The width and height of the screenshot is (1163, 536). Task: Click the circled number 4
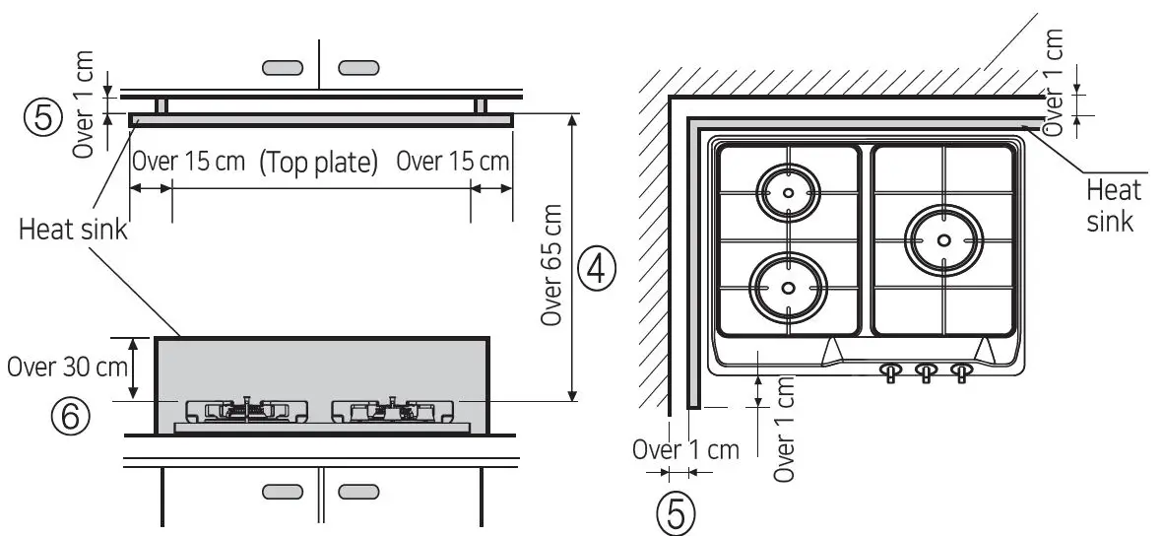point(597,267)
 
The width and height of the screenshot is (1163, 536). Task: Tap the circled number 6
point(73,417)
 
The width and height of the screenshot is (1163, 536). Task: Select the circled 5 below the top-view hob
point(676,513)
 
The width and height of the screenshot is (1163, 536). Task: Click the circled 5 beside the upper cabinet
point(41,117)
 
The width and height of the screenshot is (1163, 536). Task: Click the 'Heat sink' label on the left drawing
point(74,231)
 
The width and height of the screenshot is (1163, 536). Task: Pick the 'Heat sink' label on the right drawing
point(1110,204)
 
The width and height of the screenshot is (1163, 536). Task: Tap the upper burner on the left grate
point(788,193)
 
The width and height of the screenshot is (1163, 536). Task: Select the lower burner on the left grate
point(787,286)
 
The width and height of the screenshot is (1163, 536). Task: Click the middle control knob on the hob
point(927,371)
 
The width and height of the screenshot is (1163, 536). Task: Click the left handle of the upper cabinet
point(285,67)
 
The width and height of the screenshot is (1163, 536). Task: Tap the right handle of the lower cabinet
point(357,491)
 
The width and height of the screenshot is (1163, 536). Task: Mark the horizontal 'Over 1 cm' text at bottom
point(685,450)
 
